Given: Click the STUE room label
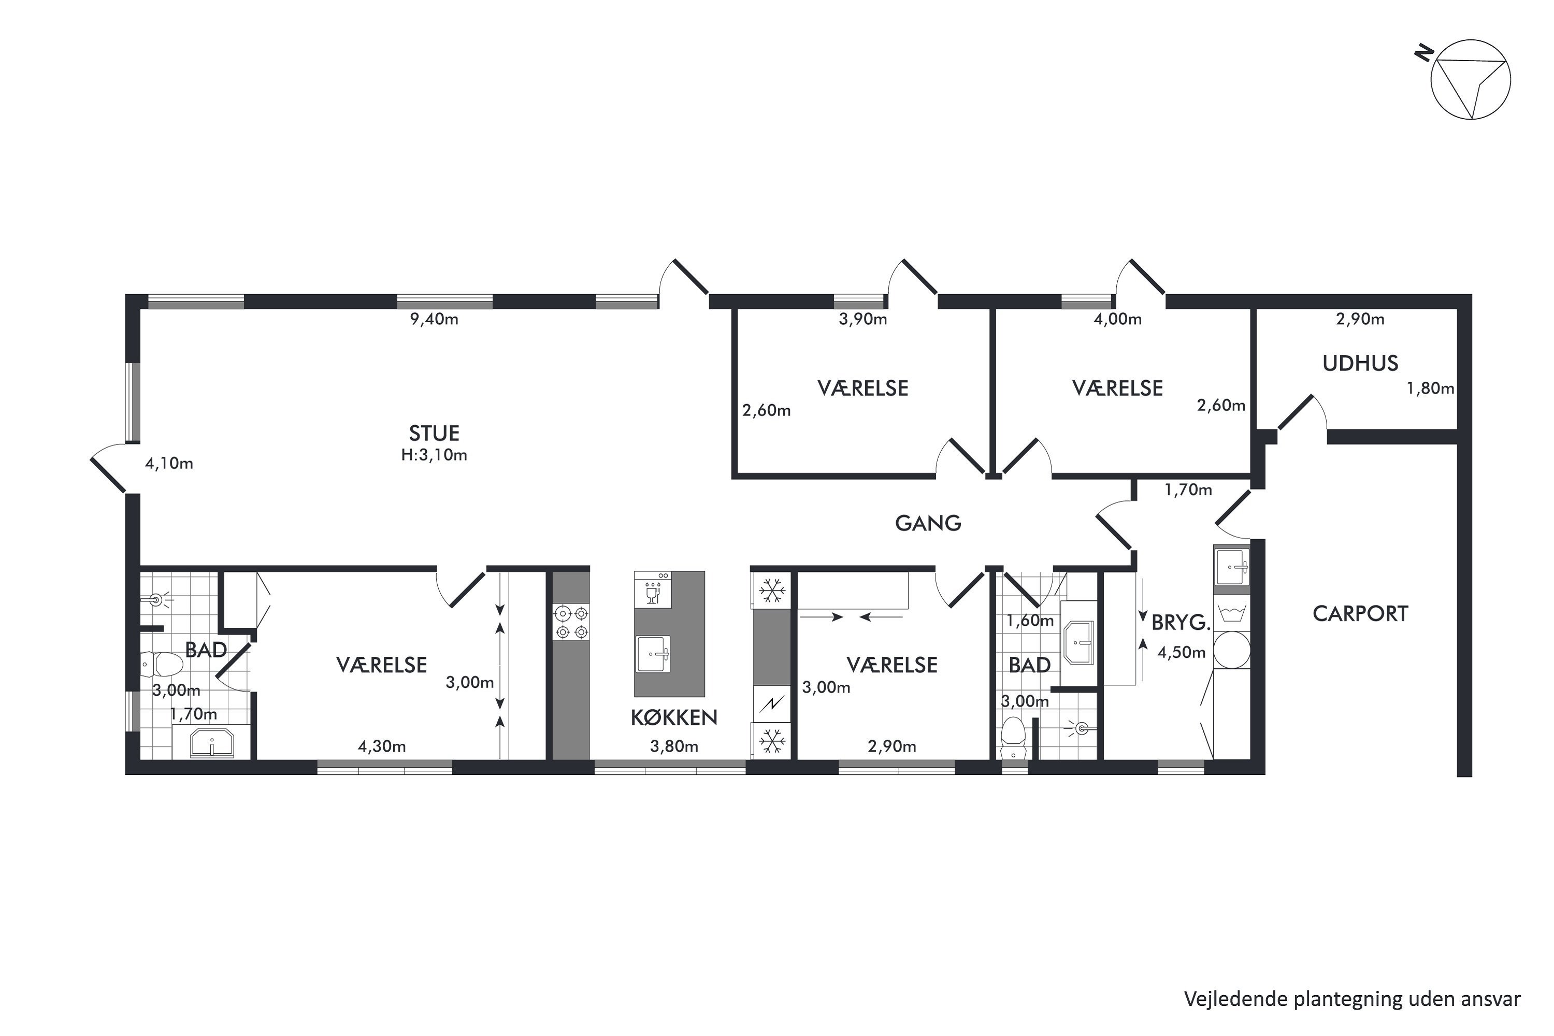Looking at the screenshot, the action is tap(434, 434).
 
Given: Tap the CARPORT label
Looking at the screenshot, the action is tap(1360, 614).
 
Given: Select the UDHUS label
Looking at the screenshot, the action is tap(1360, 364).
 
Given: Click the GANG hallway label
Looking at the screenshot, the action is tap(928, 523).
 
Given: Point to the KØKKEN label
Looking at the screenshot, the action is tap(674, 717).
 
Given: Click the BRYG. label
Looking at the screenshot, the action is tap(1181, 623).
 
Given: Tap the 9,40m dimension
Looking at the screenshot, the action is tap(434, 320).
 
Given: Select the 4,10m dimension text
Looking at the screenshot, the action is tap(169, 464).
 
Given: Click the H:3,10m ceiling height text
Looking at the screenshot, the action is tap(434, 455).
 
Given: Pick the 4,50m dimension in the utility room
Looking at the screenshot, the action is tap(1182, 653).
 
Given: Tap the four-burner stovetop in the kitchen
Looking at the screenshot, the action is tap(571, 623).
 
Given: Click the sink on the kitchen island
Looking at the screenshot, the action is tap(653, 654).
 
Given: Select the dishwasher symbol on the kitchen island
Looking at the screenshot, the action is tap(653, 590).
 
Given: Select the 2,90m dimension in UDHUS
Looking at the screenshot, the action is tap(1360, 320).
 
